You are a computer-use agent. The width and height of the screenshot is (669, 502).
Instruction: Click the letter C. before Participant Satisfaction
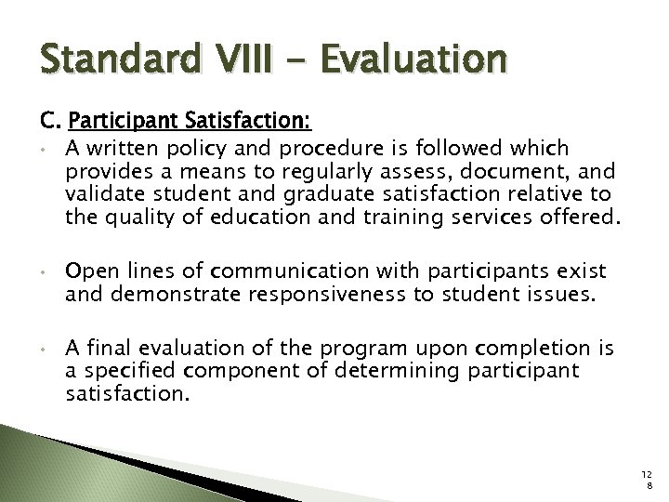tap(48, 121)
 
